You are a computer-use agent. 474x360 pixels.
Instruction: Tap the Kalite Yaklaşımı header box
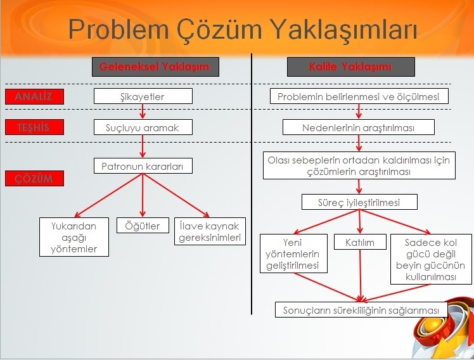pyautogui.click(x=351, y=67)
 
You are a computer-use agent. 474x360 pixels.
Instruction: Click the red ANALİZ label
pyautogui.click(x=34, y=96)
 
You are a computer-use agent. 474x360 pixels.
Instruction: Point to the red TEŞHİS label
pyautogui.click(x=34, y=127)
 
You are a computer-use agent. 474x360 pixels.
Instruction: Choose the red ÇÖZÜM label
pyautogui.click(x=34, y=179)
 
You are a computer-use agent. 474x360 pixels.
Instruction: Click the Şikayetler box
pyautogui.click(x=143, y=96)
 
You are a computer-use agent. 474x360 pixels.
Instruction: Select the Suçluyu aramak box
pyautogui.click(x=143, y=127)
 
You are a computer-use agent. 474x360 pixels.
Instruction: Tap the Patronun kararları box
pyautogui.click(x=143, y=166)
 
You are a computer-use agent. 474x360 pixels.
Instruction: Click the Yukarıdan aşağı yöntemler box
pyautogui.click(x=74, y=237)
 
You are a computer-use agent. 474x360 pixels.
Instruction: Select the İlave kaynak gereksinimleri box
pyautogui.click(x=210, y=232)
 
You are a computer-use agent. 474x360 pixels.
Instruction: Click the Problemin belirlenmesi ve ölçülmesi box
pyautogui.click(x=359, y=96)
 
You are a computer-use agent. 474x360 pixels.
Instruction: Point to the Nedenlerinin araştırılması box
pyautogui.click(x=359, y=127)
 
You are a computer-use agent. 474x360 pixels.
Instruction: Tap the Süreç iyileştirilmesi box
pyautogui.click(x=359, y=202)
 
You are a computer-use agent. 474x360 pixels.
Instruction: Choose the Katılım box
pyautogui.click(x=360, y=242)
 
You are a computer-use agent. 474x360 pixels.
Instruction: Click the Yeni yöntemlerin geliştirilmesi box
pyautogui.click(x=294, y=254)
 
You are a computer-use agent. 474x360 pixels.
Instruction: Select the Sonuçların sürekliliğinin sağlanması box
pyautogui.click(x=361, y=310)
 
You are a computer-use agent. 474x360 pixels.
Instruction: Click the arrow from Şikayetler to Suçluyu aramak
pyautogui.click(x=143, y=112)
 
